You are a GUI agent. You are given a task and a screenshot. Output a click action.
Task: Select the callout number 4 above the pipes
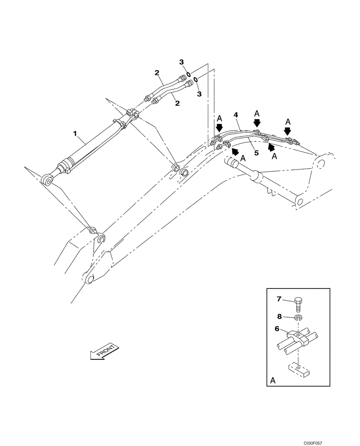coord(236,115)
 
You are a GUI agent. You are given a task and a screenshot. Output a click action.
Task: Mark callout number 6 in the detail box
coord(277,329)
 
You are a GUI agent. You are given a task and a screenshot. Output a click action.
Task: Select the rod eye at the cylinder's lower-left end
coord(47,180)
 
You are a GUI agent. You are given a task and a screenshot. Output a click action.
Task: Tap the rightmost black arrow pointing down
coord(288,131)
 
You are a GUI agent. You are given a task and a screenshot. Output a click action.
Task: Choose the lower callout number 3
coord(199,94)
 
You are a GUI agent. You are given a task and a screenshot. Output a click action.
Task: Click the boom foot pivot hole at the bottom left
coord(89,278)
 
